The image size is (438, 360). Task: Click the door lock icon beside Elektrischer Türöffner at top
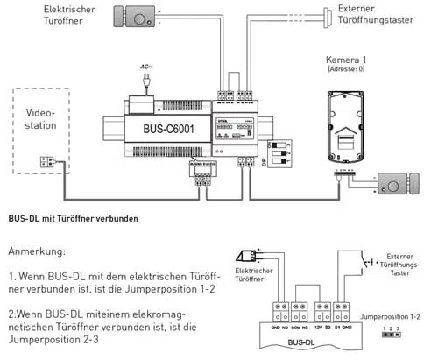138,16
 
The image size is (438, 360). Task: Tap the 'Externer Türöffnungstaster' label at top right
360,13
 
